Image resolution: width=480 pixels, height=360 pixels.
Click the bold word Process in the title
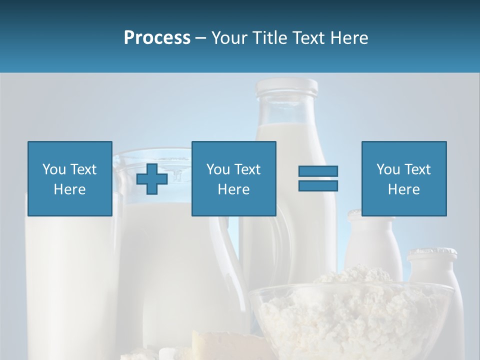tap(157, 38)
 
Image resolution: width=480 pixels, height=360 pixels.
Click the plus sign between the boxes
tap(152, 178)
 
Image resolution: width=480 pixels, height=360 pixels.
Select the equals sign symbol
tap(318, 178)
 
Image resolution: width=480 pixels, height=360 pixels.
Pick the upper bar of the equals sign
tap(318, 171)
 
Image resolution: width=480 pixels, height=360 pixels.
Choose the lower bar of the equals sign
tap(318, 185)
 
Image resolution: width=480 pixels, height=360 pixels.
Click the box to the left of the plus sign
tap(69, 178)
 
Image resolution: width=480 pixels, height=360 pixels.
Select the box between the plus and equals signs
tap(233, 178)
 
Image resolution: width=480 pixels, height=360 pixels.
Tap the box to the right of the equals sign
tap(403, 178)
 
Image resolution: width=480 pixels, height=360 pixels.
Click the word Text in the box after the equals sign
tap(416, 169)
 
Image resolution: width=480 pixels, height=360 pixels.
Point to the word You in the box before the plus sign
tap(54, 169)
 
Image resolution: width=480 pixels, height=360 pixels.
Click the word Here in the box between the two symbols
tap(233, 189)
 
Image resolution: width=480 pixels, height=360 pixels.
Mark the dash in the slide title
tap(201, 38)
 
